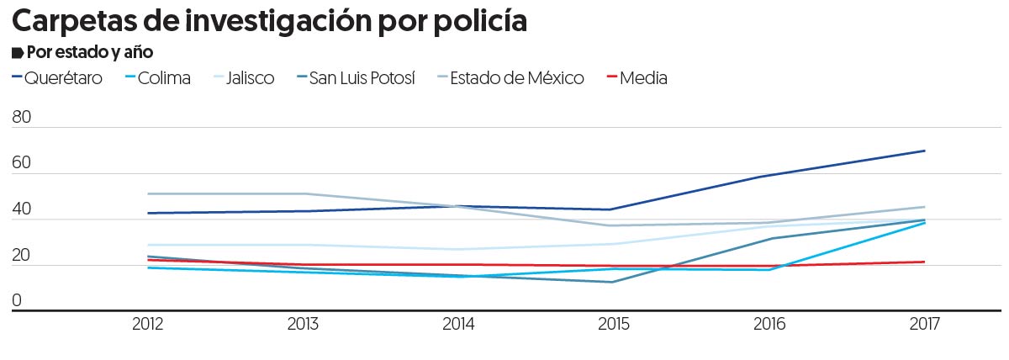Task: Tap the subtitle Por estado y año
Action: pyautogui.click(x=88, y=52)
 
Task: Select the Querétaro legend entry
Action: pyautogui.click(x=64, y=78)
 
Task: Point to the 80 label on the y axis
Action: pyautogui.click(x=22, y=119)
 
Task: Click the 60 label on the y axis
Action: pyautogui.click(x=22, y=164)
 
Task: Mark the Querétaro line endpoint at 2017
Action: pyautogui.click(x=925, y=151)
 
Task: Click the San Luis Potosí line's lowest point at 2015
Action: pyautogui.click(x=614, y=282)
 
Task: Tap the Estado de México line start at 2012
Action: pyautogui.click(x=149, y=193)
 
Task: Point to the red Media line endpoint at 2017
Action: pyautogui.click(x=925, y=262)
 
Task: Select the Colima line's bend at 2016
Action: pyautogui.click(x=769, y=269)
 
